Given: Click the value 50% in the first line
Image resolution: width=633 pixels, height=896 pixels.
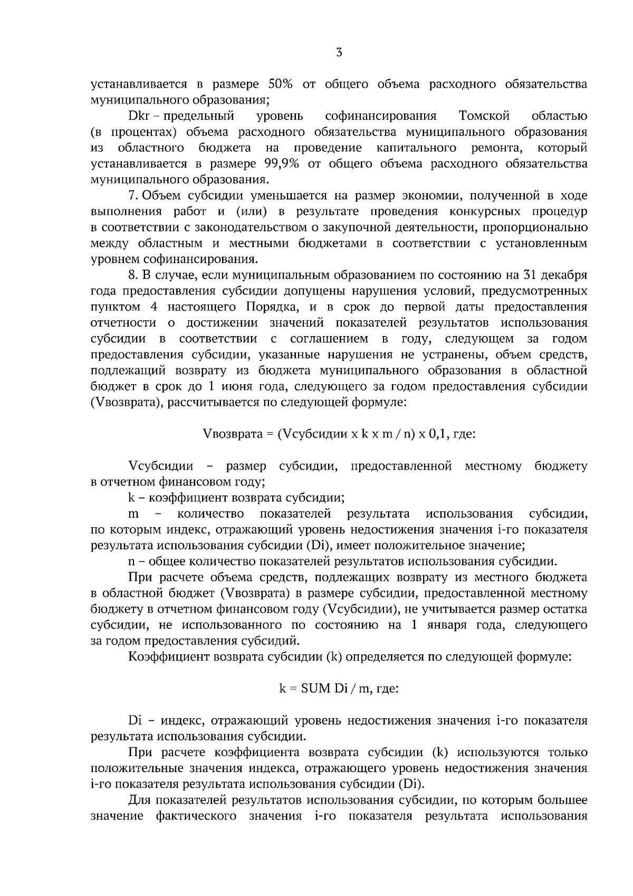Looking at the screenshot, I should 284,84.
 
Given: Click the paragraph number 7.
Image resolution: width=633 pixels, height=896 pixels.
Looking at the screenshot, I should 132,196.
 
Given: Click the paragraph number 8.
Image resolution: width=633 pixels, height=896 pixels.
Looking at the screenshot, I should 132,275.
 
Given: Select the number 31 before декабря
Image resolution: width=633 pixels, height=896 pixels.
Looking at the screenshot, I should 531,275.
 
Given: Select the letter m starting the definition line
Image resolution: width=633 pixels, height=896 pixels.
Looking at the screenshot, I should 133,514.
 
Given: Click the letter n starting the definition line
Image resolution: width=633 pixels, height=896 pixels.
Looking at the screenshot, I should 131,561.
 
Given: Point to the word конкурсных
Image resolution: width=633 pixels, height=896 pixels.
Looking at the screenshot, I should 481,212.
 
